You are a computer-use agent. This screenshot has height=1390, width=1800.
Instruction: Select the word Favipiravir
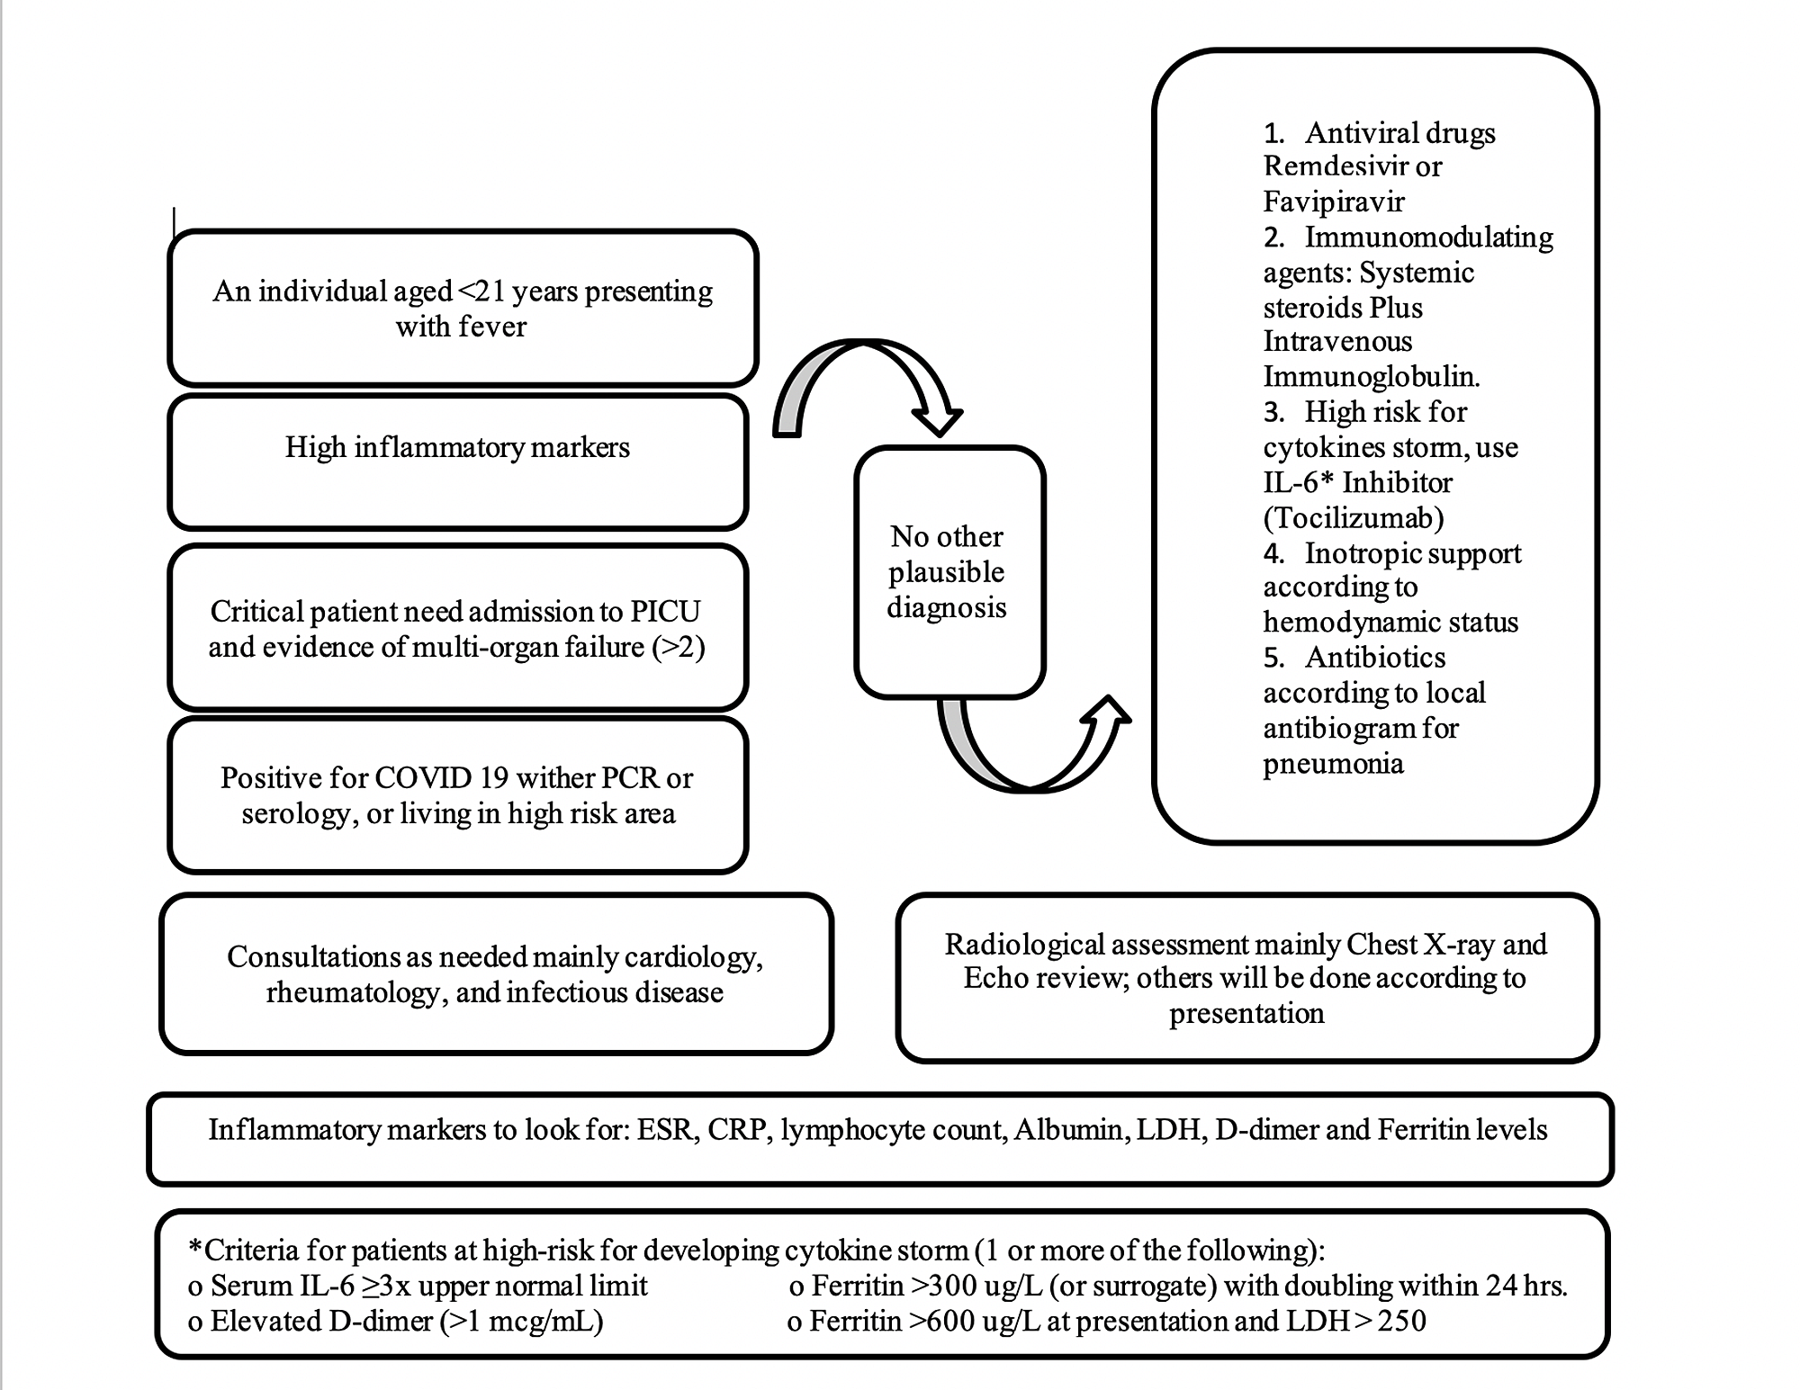pos(1333,202)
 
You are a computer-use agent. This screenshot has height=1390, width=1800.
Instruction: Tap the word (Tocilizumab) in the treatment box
pos(1354,518)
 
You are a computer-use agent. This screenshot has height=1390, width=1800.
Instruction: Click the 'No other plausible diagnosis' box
pos(947,572)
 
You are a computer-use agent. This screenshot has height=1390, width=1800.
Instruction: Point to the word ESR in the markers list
pos(667,1130)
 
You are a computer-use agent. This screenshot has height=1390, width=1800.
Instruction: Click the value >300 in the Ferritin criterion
pos(945,1287)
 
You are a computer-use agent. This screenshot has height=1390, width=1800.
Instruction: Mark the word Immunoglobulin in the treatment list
pos(1371,377)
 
